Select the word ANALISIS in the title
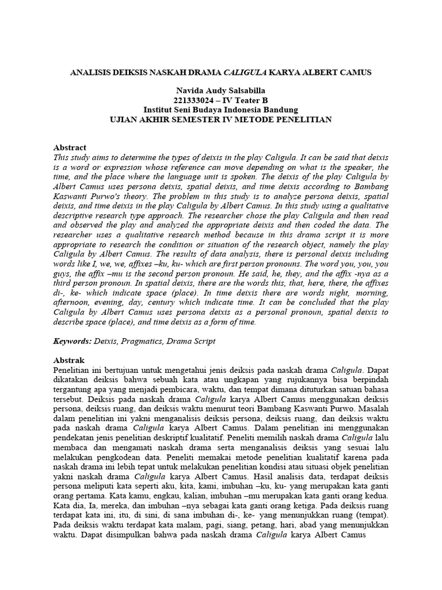92,73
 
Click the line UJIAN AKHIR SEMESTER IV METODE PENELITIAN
220,119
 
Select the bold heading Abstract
70,147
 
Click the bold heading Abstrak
68,360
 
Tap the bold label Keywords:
72,341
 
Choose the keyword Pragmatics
142,341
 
